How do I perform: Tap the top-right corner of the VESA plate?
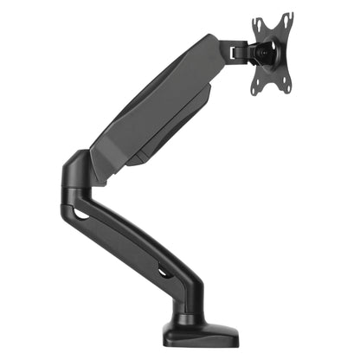291,15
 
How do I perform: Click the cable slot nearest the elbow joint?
84,212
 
